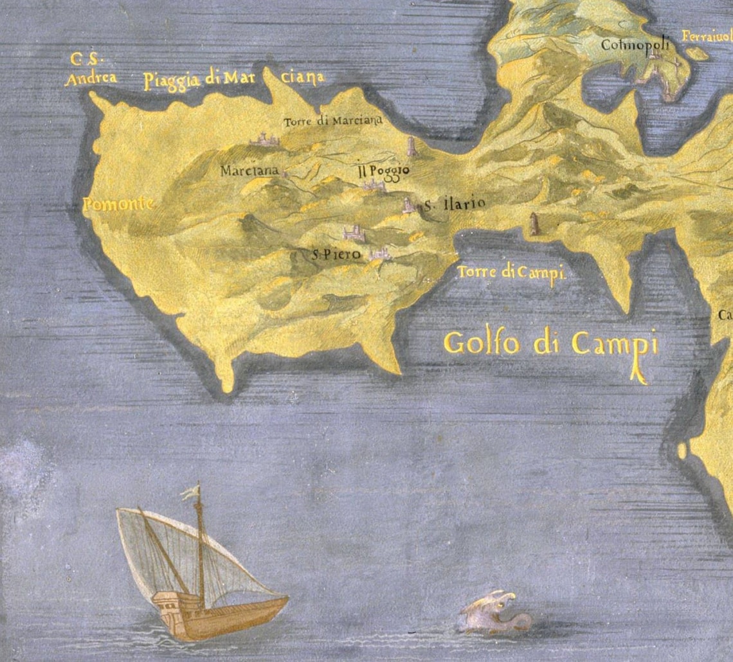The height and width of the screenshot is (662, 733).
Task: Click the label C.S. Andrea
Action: tap(91, 69)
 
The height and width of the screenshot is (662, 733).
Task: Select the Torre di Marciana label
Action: tap(333, 120)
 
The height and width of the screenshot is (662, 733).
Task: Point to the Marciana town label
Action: tap(249, 171)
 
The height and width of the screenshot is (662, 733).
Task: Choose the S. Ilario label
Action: tap(453, 205)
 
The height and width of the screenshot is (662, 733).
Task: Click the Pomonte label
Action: tap(118, 204)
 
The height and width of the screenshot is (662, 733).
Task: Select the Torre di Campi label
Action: tap(511, 273)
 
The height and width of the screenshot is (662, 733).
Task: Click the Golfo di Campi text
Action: tap(551, 343)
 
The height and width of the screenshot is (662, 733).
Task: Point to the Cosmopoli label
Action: tap(635, 45)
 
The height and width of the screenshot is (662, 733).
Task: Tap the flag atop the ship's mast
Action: tap(190, 492)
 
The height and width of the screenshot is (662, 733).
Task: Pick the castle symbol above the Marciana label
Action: tap(263, 139)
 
